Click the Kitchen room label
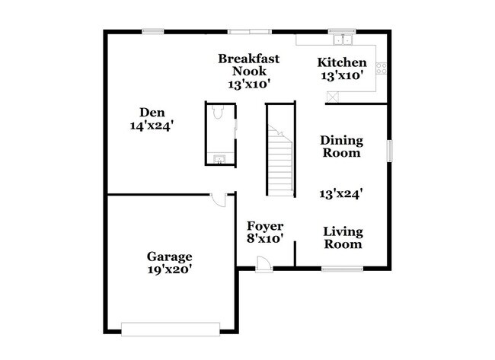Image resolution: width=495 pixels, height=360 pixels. (342, 62)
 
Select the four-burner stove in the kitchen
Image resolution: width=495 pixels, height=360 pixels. (382, 68)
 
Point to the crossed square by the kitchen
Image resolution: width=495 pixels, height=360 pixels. (332, 96)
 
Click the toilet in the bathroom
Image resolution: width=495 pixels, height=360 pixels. (219, 113)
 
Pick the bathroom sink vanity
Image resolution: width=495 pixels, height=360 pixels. (219, 158)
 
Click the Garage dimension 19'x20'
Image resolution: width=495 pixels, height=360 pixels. (170, 269)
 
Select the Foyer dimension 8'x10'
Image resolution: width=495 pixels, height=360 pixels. (264, 238)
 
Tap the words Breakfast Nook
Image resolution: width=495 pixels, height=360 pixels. (249, 65)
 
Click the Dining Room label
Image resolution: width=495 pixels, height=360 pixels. (341, 146)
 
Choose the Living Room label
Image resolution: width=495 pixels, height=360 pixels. (343, 237)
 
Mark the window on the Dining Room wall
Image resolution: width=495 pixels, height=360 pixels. (390, 150)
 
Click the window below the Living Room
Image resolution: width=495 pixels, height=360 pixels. (342, 268)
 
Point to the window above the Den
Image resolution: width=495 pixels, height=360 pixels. (153, 31)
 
